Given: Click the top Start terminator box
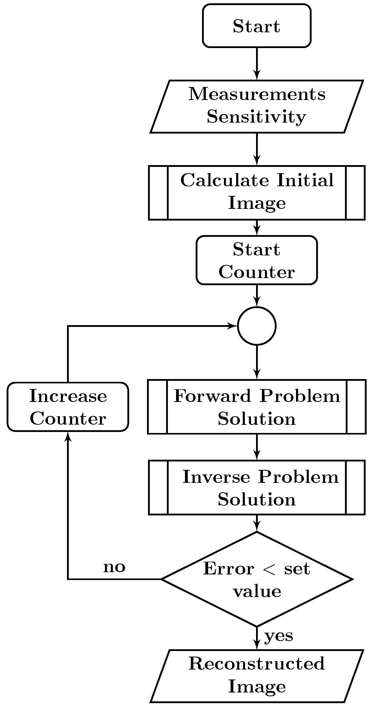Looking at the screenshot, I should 257,26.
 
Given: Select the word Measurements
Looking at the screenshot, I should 257,94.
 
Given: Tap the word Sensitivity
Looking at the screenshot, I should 256,117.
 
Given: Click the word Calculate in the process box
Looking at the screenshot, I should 224,180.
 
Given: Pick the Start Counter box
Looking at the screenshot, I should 257,260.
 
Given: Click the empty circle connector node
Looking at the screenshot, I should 257,326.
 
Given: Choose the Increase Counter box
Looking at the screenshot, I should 68,407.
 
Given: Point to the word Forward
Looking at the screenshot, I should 212,396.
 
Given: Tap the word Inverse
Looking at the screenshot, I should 216,477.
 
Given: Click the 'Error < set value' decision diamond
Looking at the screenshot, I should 257,579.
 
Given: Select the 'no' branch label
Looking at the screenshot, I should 114,567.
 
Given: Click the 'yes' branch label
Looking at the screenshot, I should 279,636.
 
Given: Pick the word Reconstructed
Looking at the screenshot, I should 257,663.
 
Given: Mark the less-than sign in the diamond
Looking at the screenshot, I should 269,569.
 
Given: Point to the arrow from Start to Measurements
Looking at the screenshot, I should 257,63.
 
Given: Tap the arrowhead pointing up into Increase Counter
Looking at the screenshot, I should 68,437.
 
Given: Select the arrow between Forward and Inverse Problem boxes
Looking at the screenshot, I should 257,447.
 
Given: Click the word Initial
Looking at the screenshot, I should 305,180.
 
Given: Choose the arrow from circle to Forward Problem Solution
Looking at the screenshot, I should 257,362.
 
